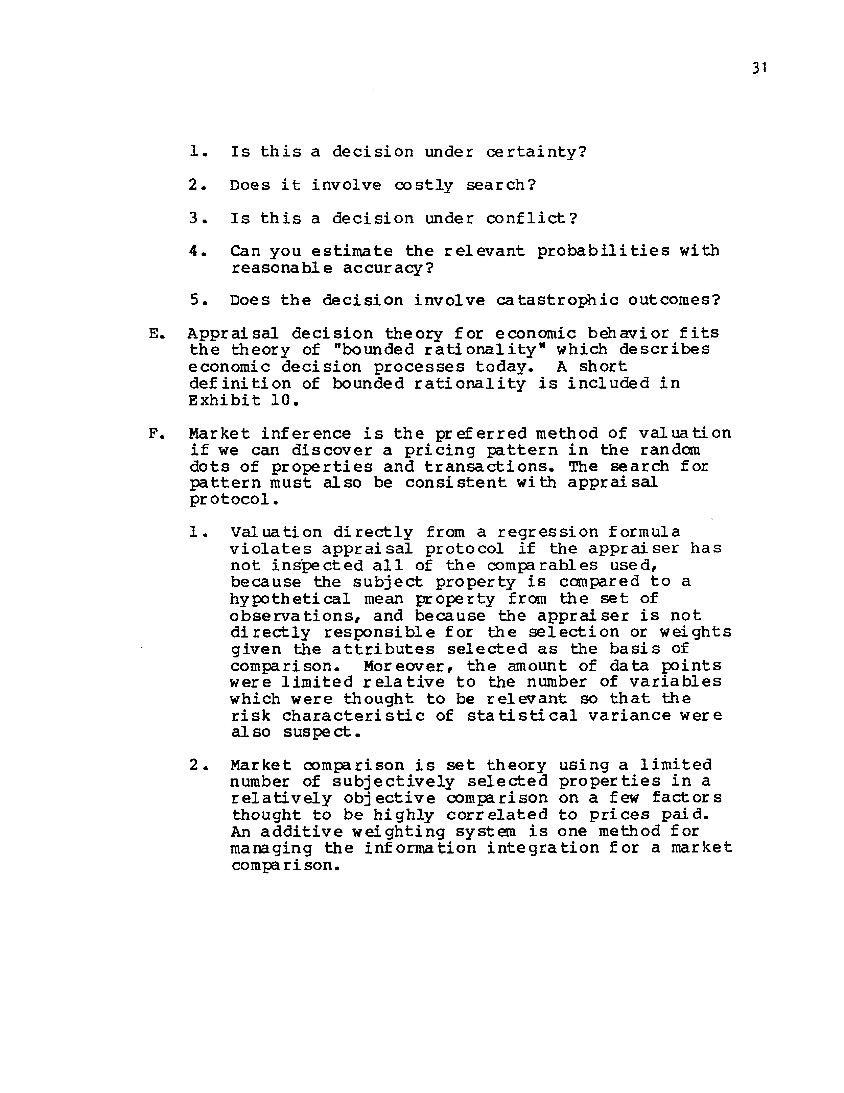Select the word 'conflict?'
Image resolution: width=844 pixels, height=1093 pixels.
pyautogui.click(x=532, y=218)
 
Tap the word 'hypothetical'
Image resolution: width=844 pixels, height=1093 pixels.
pyautogui.click(x=290, y=599)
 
